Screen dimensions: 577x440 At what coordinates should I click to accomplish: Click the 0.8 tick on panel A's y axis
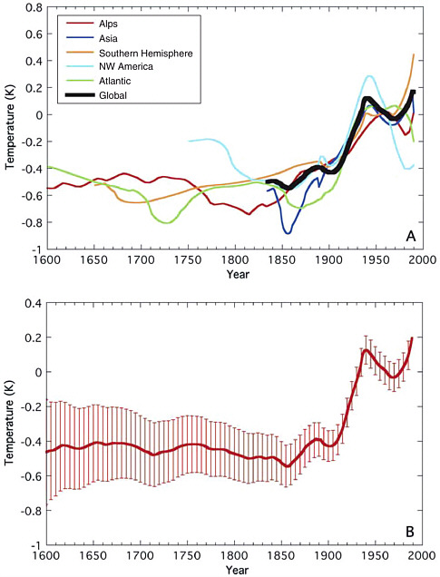(30, 8)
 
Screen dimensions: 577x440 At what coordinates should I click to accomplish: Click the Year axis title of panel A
(234, 273)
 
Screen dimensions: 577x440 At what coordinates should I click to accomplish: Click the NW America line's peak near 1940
(369, 76)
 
